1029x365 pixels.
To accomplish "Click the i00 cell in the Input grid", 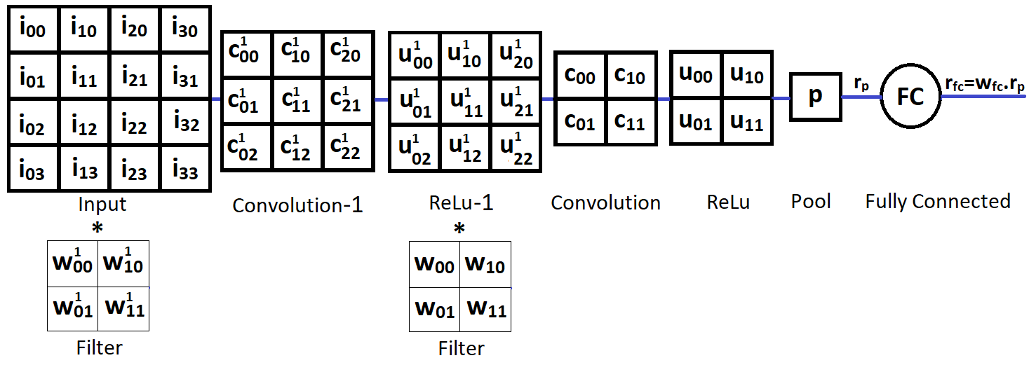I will point(33,29).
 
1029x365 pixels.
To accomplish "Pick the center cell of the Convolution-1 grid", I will point(298,100).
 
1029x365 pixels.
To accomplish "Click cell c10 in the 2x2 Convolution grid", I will point(631,75).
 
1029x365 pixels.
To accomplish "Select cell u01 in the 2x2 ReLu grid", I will point(695,121).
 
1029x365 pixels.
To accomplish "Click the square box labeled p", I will point(815,97).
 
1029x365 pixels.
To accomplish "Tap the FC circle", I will point(910,97).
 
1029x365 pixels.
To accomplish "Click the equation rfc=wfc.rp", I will point(983,83).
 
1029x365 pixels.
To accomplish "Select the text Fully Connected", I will point(937,202).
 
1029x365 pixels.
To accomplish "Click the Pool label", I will point(811,202).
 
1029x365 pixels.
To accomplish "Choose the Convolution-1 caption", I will point(297,205).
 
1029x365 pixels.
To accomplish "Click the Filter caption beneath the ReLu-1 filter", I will point(461,348).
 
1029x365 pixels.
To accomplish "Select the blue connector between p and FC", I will point(861,97).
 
